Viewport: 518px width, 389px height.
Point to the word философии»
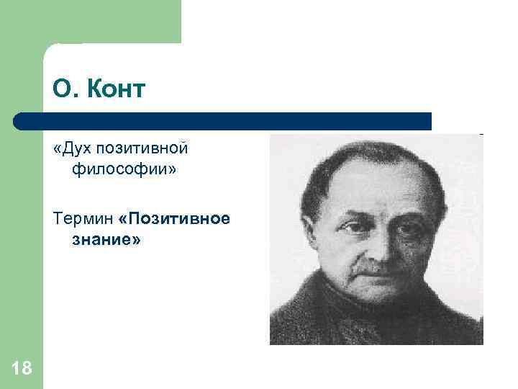(123, 170)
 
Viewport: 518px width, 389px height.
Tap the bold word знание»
(106, 240)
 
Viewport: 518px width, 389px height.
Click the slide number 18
(22, 369)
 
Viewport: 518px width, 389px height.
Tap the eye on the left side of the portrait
(350, 227)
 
